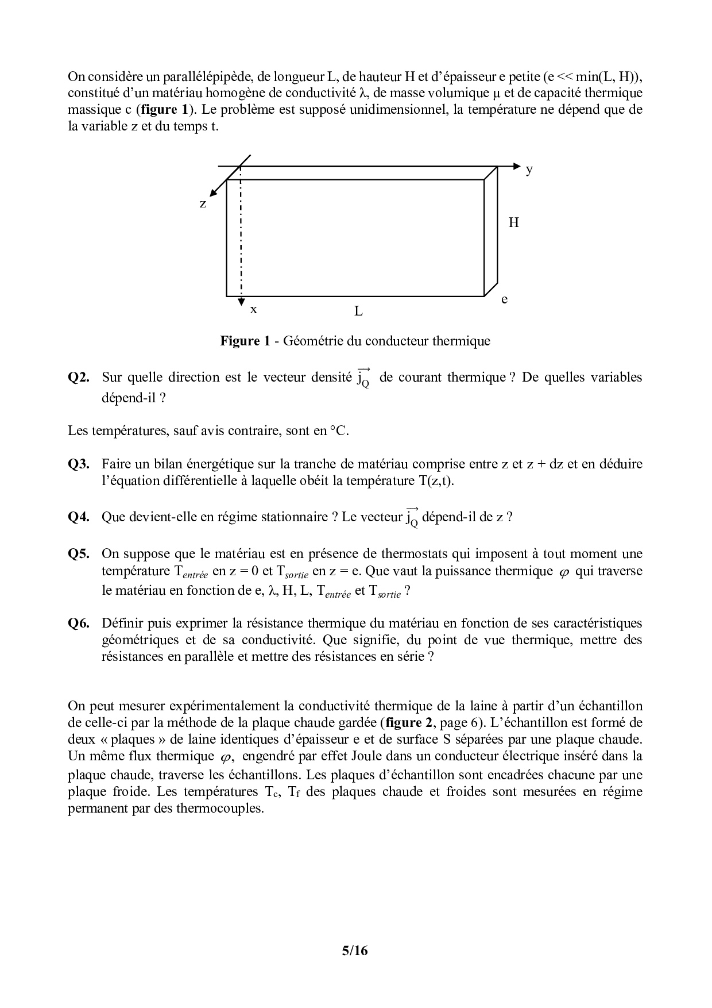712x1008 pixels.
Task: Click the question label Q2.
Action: pos(79,378)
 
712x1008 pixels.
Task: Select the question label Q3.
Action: pos(79,464)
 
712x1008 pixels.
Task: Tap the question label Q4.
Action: pos(79,517)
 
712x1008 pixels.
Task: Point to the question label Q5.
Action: pos(79,554)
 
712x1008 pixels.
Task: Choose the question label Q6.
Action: pos(79,623)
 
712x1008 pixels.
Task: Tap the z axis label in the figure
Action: pos(203,203)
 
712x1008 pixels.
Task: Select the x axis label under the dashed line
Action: pos(253,310)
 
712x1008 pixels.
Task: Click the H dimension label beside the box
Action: pos(514,222)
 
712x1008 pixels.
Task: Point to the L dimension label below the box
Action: pos(358,311)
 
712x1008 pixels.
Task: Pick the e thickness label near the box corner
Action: pos(504,299)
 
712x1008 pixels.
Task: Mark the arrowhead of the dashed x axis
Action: pos(241,301)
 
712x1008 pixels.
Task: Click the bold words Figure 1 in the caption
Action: pos(245,341)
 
